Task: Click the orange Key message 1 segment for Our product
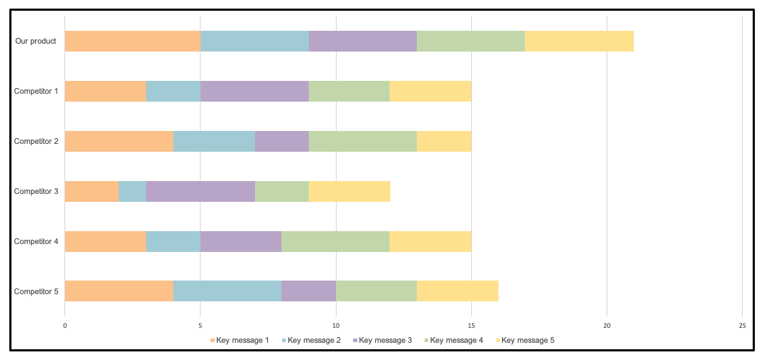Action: (132, 42)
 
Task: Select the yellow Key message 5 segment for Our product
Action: (579, 42)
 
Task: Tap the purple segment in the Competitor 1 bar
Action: (254, 92)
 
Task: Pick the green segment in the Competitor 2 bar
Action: (362, 142)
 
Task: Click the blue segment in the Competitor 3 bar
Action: (132, 192)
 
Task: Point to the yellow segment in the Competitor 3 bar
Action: (349, 192)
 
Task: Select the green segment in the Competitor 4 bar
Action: (335, 242)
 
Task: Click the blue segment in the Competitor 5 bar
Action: (227, 291)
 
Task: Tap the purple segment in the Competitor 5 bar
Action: (309, 291)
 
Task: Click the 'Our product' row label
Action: (36, 42)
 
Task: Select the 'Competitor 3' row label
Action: (37, 192)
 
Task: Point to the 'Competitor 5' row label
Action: (37, 291)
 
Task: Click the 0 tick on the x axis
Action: (65, 324)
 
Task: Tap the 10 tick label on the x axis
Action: (336, 324)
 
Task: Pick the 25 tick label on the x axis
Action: (742, 324)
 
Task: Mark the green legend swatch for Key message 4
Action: (427, 340)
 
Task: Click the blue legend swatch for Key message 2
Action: (284, 340)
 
